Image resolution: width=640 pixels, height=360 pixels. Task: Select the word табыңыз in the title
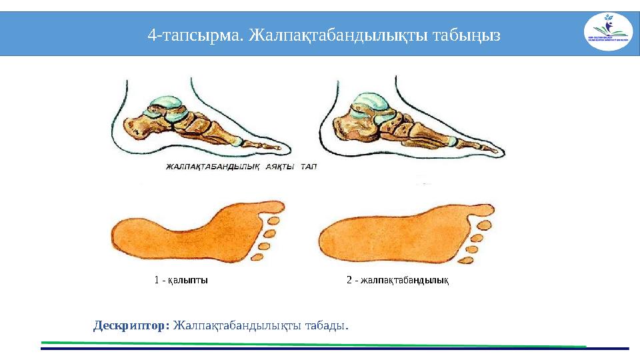coord(466,33)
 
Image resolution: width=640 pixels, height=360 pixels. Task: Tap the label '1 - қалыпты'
coord(181,280)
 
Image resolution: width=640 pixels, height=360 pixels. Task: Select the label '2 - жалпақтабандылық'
coord(397,280)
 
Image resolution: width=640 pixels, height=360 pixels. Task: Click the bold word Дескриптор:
coord(131,326)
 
